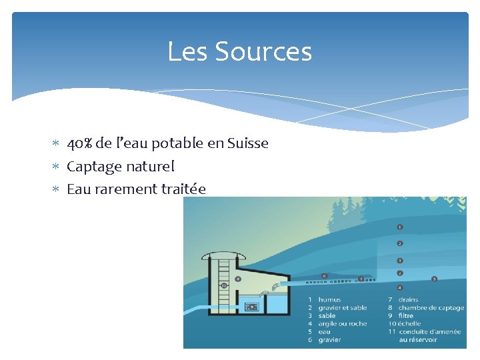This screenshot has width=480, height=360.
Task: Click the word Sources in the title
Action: click(273, 51)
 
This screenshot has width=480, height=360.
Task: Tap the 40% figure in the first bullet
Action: click(80, 143)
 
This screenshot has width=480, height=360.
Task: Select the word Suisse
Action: click(247, 143)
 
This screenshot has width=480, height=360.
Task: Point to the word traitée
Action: click(183, 189)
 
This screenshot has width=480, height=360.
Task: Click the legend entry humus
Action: click(329, 300)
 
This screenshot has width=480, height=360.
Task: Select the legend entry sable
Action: click(327, 316)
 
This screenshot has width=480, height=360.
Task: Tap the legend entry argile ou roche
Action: click(342, 324)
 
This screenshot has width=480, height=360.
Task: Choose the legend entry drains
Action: click(408, 300)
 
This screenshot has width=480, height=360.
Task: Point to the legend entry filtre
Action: click(406, 316)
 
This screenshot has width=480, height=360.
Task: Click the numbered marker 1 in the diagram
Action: click(399, 227)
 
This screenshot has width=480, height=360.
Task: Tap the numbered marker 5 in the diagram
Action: click(434, 279)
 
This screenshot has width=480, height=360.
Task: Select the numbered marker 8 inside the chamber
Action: click(238, 279)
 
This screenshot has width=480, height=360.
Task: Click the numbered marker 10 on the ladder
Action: click(224, 285)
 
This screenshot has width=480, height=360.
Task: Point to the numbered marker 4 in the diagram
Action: click(399, 287)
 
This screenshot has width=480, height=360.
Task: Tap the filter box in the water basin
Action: click(252, 307)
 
